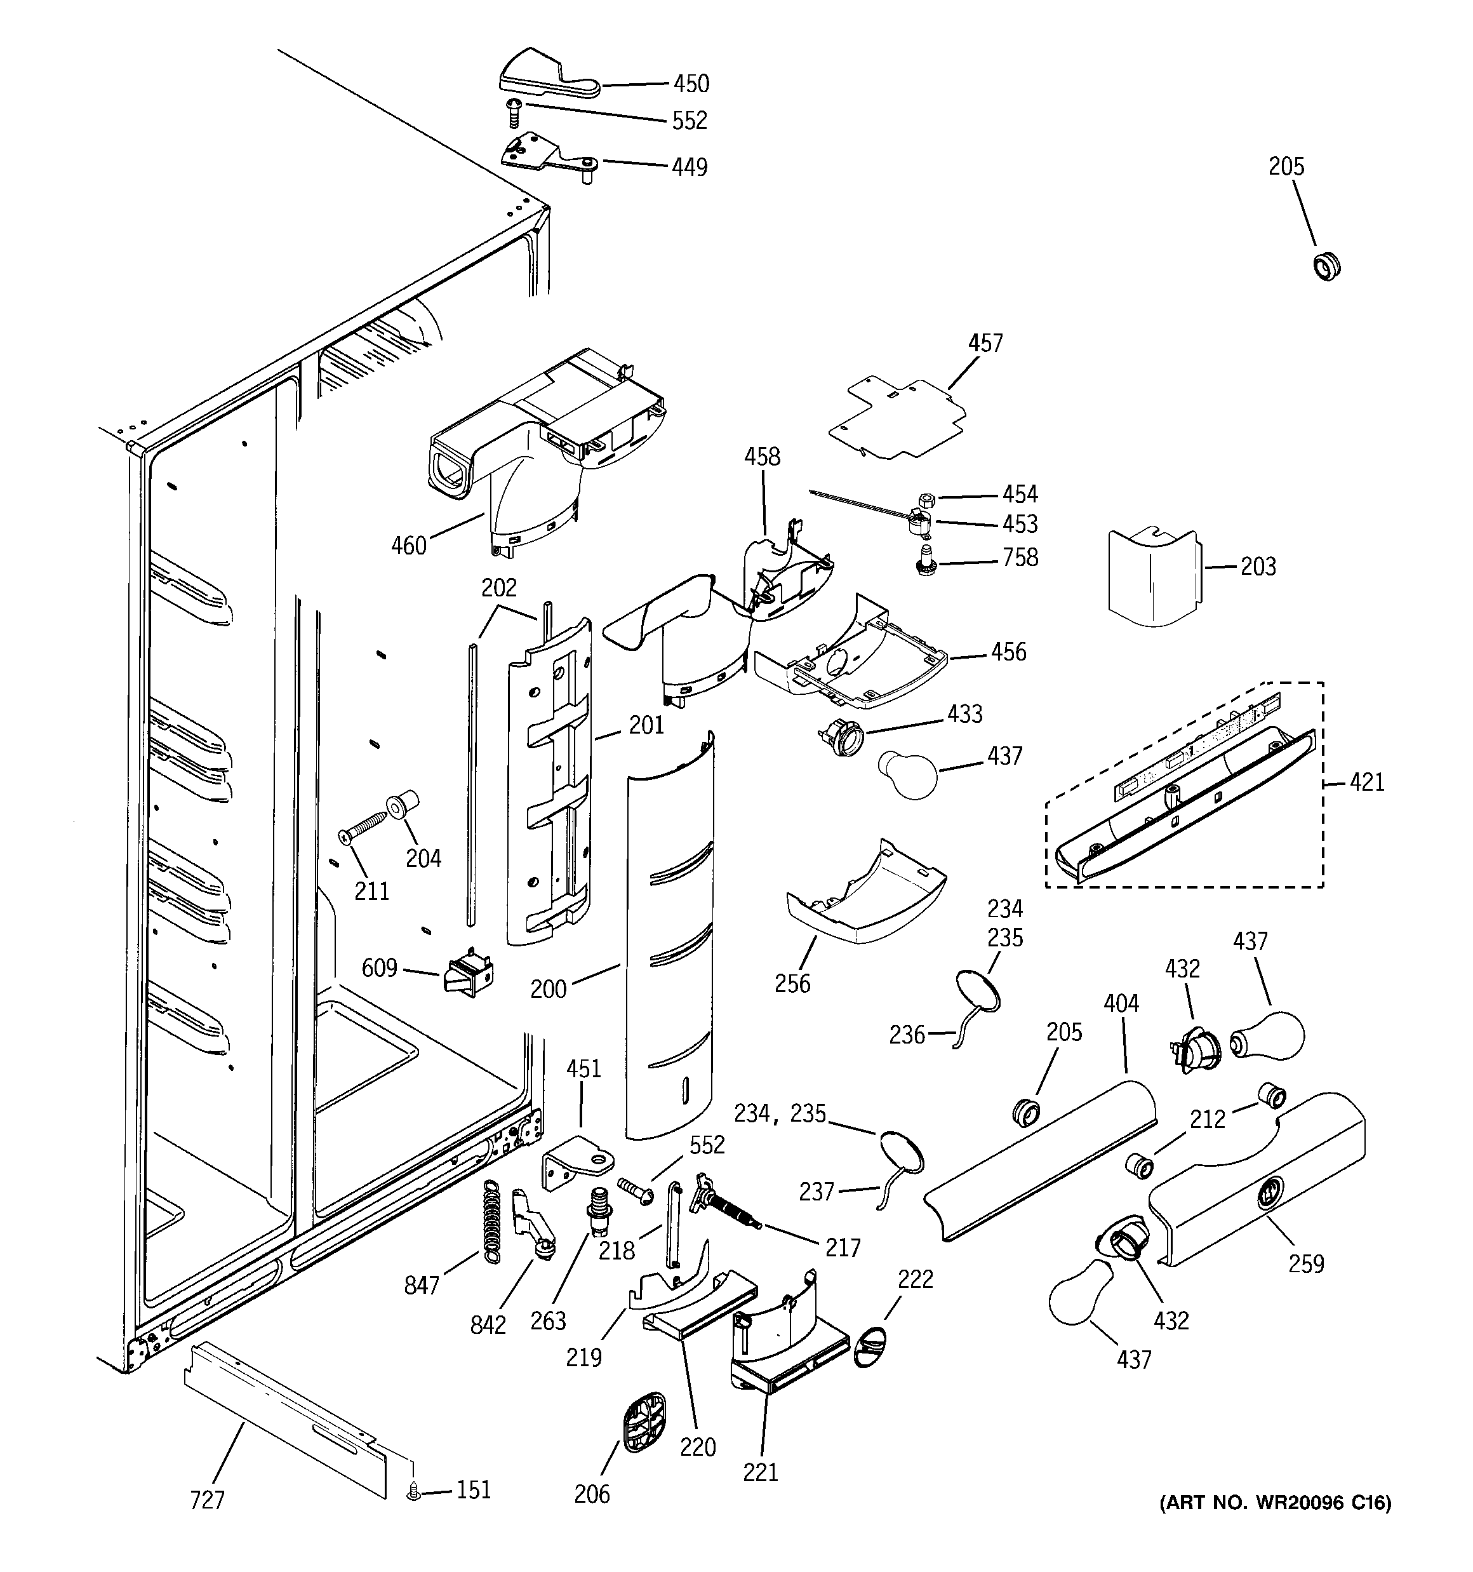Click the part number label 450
[691, 84]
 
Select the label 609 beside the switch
[380, 968]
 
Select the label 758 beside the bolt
[1020, 558]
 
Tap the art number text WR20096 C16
[1274, 1524]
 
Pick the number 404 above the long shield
[1121, 1004]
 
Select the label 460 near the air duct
[409, 546]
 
